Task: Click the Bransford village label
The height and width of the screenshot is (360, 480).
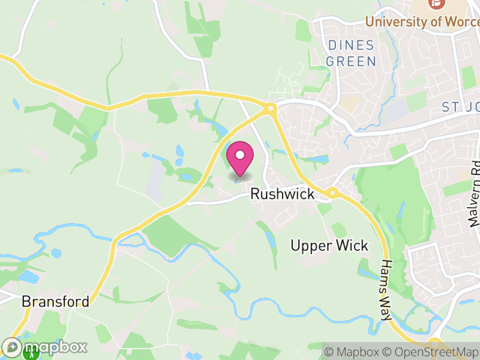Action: point(55,301)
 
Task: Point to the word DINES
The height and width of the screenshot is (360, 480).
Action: point(351,46)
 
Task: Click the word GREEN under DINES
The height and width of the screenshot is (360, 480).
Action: point(351,61)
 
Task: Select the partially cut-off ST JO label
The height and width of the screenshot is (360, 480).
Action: point(460,107)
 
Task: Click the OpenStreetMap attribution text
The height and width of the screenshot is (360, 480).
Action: point(436,352)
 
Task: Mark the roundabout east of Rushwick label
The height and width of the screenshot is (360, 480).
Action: point(331,193)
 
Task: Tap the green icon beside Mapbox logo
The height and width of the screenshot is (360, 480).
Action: point(31,353)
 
